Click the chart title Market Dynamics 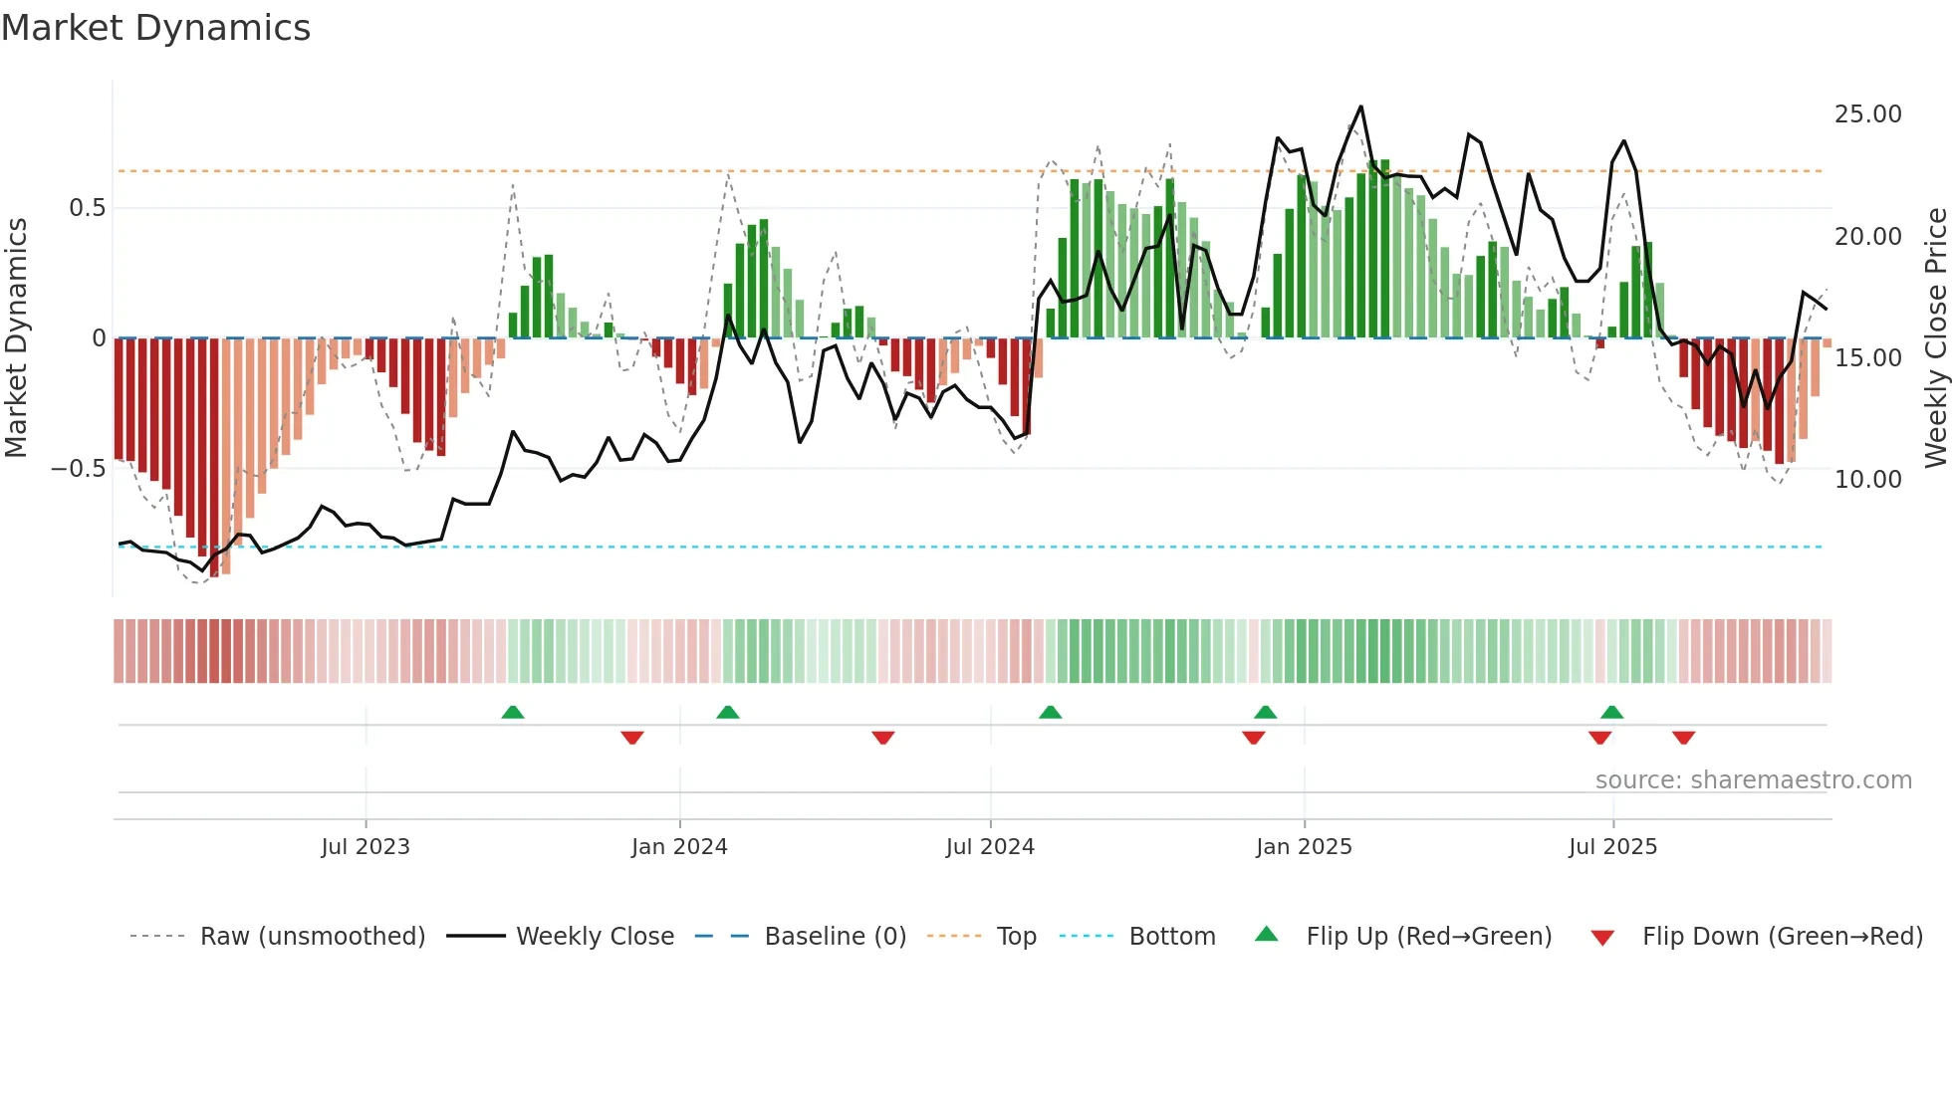(x=156, y=28)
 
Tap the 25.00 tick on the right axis (x=1867, y=114)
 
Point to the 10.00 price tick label (x=1867, y=480)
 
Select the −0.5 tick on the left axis (x=78, y=469)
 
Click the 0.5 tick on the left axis (x=87, y=208)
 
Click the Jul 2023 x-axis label (x=366, y=847)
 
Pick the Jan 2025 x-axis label (x=1304, y=847)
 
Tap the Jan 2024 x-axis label (x=679, y=847)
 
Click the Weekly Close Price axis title (x=1935, y=337)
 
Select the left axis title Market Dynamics (x=16, y=337)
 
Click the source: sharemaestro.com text (x=1753, y=780)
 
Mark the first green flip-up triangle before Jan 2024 (x=513, y=713)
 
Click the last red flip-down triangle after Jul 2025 (x=1684, y=738)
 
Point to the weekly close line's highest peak (x=1360, y=107)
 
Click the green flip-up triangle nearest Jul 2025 (x=1612, y=713)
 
